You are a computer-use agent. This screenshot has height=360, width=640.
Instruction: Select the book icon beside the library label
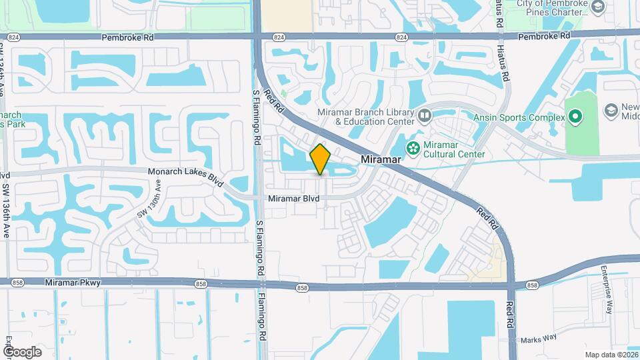click(x=425, y=117)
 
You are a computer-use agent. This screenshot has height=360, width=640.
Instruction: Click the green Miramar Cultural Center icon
click(x=413, y=147)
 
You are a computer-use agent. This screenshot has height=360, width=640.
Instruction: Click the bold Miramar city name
click(x=381, y=160)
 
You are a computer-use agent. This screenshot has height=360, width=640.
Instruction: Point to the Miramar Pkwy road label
click(x=73, y=283)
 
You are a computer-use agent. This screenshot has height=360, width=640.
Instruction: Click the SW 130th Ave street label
click(x=149, y=203)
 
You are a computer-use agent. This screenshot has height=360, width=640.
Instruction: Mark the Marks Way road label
click(x=539, y=337)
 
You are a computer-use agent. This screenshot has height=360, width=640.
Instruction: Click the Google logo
click(x=22, y=352)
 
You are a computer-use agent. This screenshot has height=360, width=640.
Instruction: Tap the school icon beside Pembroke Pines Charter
click(x=597, y=7)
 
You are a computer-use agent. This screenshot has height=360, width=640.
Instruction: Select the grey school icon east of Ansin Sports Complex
click(x=611, y=110)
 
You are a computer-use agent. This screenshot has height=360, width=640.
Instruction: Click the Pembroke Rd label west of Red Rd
click(x=127, y=38)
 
